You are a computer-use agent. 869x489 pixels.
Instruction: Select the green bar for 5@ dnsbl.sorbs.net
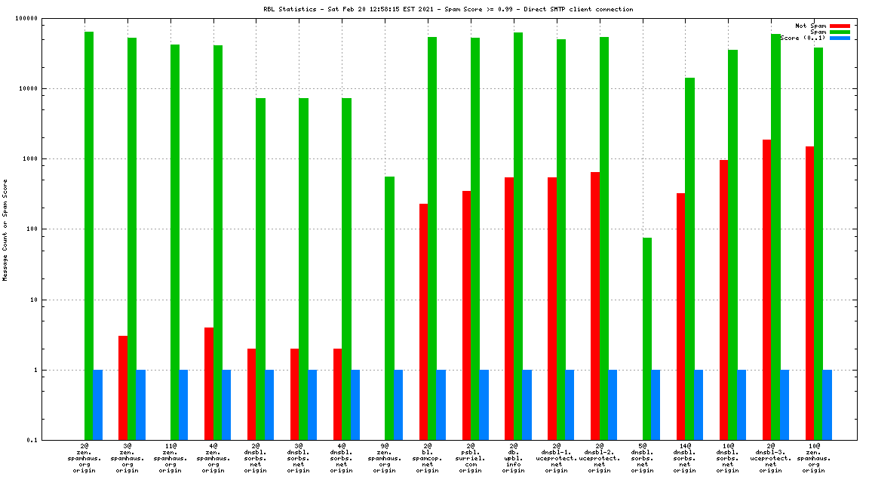[x=647, y=339]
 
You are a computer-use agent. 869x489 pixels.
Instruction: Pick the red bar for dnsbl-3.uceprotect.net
[x=766, y=290]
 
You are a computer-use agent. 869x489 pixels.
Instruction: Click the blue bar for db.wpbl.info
[x=527, y=404]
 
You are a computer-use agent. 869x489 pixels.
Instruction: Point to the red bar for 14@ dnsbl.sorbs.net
[x=680, y=316]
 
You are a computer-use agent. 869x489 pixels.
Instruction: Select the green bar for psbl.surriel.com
[x=475, y=238]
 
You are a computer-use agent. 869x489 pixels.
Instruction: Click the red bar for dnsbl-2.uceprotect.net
[x=595, y=306]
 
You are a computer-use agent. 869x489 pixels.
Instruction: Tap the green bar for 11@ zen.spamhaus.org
[x=175, y=242]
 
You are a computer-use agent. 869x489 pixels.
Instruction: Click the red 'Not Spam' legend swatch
[x=840, y=26]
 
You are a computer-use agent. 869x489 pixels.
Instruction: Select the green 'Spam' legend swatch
[x=840, y=32]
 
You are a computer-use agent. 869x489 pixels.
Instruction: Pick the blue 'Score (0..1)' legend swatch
[x=840, y=38]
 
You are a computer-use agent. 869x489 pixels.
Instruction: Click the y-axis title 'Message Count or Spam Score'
[x=5, y=229]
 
